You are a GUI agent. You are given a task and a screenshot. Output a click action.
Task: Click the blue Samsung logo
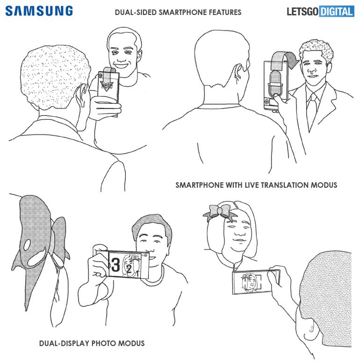[x=39, y=11]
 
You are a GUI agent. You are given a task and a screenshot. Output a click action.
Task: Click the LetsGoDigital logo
[x=320, y=12]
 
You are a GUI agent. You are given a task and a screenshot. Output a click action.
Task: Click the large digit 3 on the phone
[x=115, y=265]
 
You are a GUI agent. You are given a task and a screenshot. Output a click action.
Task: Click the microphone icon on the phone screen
[x=275, y=84]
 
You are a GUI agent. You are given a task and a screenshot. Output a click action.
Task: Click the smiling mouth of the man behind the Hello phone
[x=121, y=64]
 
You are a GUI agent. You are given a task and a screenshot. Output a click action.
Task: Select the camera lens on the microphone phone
[x=267, y=101]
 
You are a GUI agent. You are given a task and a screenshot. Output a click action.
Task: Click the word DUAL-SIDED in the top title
[x=136, y=12]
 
